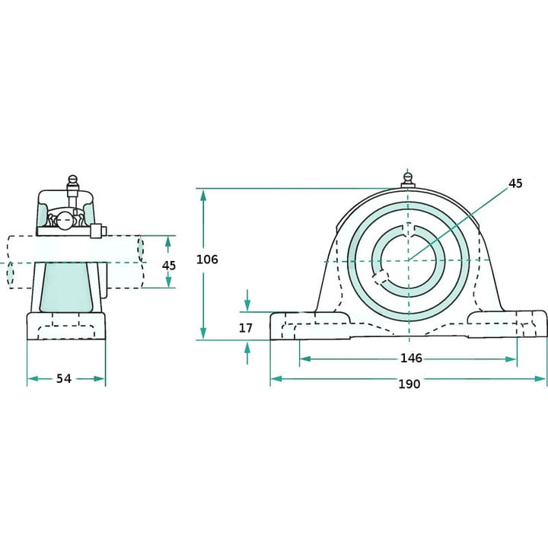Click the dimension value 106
(206, 260)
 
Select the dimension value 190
(409, 384)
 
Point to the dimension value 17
(245, 328)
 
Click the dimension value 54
(64, 378)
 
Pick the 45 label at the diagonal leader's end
(515, 183)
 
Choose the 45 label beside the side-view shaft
(169, 266)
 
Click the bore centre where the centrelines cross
(407, 261)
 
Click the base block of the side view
(66, 326)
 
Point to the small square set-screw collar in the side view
(97, 231)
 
